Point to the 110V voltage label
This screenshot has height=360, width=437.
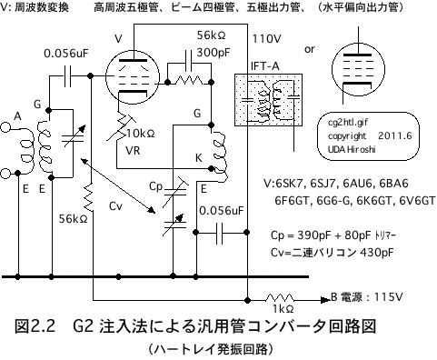click(268, 39)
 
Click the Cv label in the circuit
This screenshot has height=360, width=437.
click(115, 207)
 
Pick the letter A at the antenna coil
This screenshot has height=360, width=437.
click(16, 116)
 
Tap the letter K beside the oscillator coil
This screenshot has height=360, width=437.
click(197, 158)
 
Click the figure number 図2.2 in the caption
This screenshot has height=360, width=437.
click(37, 325)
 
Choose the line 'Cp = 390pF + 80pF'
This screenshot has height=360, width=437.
click(323, 234)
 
